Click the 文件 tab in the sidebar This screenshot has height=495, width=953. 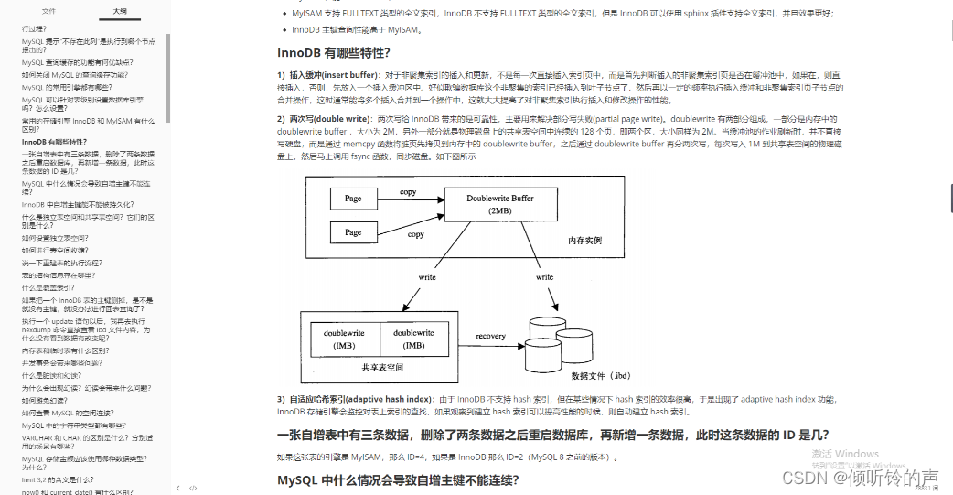pyautogui.click(x=48, y=11)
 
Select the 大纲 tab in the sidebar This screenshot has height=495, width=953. pyautogui.click(x=120, y=11)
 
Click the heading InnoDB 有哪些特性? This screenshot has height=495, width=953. pyautogui.click(x=335, y=52)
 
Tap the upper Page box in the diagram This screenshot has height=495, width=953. pyautogui.click(x=353, y=198)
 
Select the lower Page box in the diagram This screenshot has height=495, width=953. pyautogui.click(x=353, y=232)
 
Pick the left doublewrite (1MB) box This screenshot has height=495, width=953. pyautogui.click(x=344, y=339)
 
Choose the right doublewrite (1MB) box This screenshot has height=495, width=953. pyautogui.click(x=413, y=339)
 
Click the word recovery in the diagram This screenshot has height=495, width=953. pyautogui.click(x=490, y=336)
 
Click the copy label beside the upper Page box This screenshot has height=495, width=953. pyautogui.click(x=408, y=191)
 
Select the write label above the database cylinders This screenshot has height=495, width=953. pyautogui.click(x=544, y=276)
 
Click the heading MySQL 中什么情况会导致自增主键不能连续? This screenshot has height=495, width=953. pyautogui.click(x=398, y=479)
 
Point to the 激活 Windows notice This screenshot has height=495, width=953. pyautogui.click(x=844, y=454)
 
